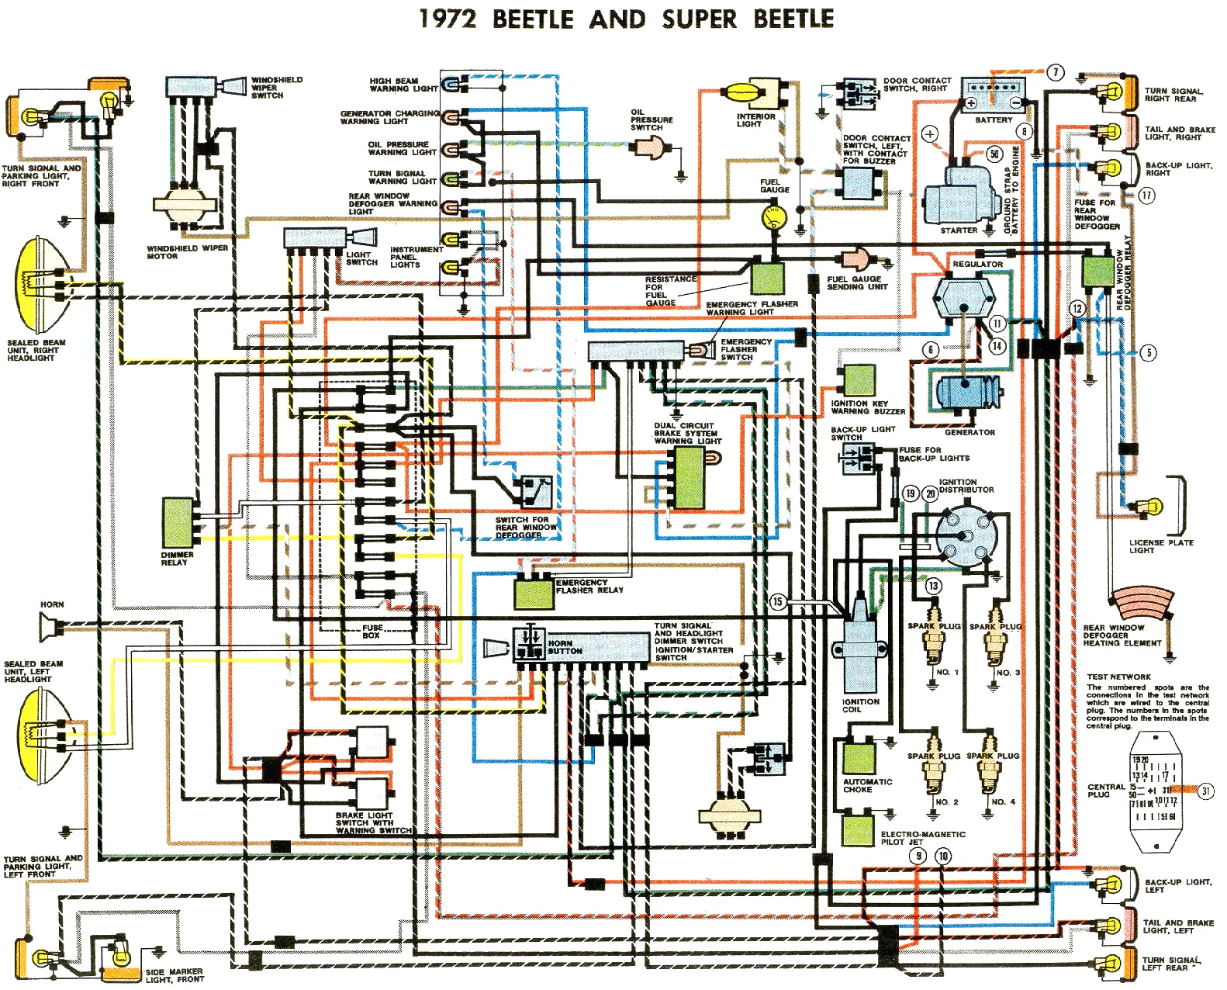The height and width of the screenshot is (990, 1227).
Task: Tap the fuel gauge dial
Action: click(x=772, y=216)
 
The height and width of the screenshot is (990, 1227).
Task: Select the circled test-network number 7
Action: click(x=1056, y=73)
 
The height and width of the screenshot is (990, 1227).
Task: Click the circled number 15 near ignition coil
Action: click(x=778, y=601)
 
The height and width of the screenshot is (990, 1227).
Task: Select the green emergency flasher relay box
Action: click(x=534, y=593)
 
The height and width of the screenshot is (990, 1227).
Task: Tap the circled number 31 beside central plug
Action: click(x=1206, y=791)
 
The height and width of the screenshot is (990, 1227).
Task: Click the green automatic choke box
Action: click(x=859, y=758)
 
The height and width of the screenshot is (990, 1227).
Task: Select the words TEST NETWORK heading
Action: click(x=1118, y=677)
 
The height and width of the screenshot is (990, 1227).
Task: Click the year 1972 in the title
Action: click(x=448, y=19)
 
